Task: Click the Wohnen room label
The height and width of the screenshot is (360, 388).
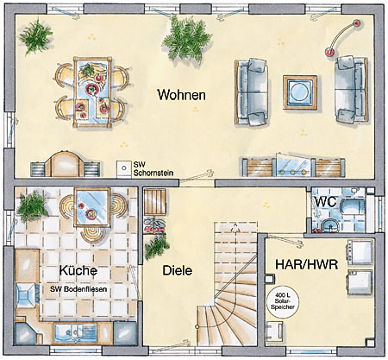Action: point(181,95)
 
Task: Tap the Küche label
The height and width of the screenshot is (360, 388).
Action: point(78,270)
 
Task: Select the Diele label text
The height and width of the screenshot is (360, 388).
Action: point(178,270)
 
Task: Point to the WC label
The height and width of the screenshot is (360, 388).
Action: point(326,202)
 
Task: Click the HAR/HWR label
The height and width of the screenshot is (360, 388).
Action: point(307,264)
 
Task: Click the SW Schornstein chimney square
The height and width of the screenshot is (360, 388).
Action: point(124,167)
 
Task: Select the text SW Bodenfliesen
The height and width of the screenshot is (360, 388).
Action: point(78,289)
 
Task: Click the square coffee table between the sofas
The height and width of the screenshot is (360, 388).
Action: point(300,92)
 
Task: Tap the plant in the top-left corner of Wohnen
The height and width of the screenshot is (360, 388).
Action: point(35,35)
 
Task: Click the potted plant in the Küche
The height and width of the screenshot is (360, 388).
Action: point(32,206)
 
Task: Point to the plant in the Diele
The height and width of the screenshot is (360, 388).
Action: point(156,246)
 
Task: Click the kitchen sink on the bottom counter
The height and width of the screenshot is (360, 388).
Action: point(75,333)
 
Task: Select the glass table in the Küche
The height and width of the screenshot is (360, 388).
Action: point(92,206)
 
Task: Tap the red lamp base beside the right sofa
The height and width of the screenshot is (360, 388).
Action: point(329,52)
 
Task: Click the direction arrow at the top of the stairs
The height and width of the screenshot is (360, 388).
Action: point(236,228)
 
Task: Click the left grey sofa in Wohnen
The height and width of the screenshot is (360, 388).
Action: point(252,92)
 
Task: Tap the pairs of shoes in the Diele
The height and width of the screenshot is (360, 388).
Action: point(154,225)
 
